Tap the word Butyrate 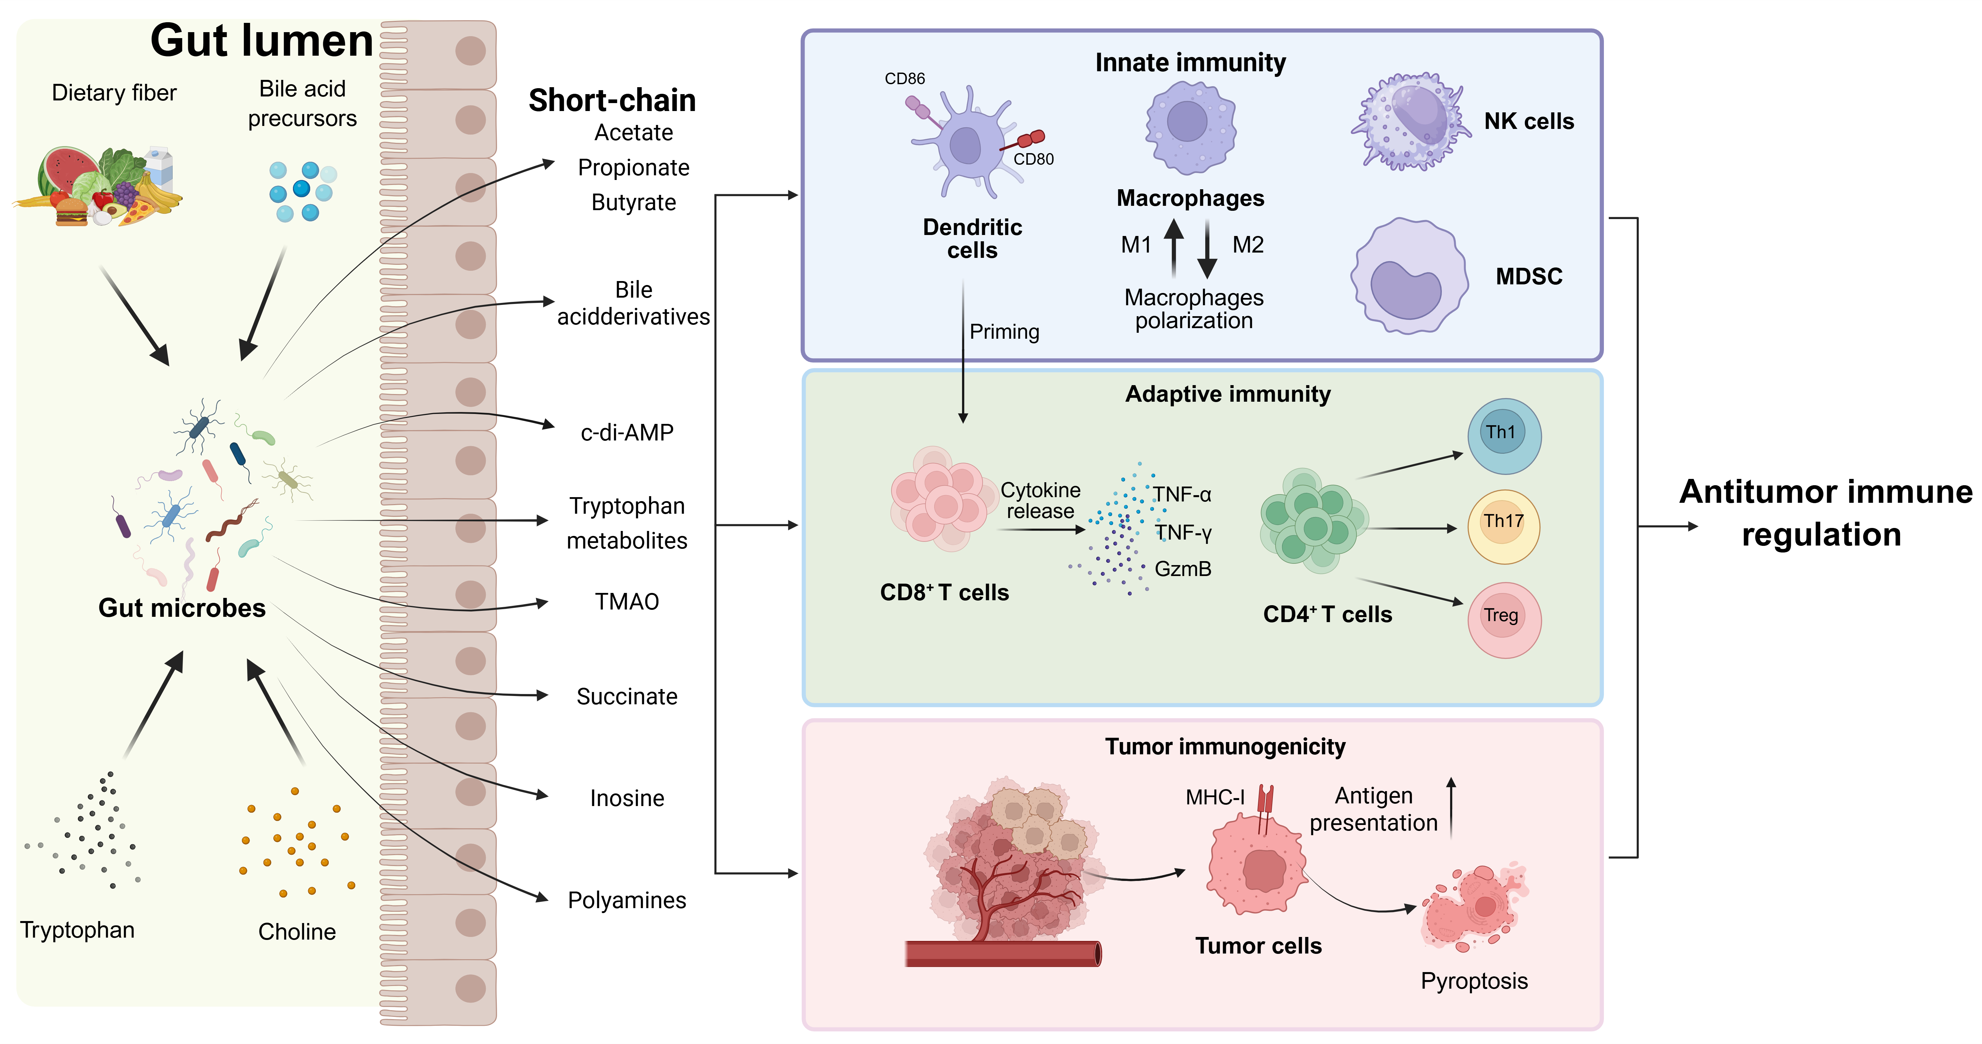(633, 203)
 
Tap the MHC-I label (1214, 797)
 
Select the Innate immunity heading (1190, 62)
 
